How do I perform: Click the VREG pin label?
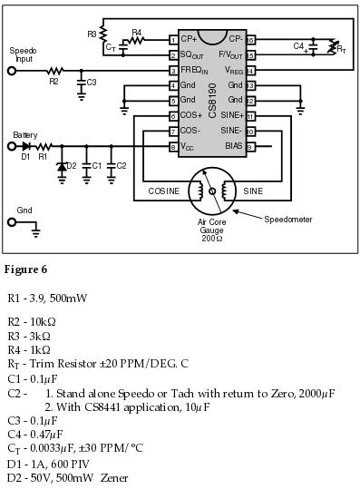coord(231,70)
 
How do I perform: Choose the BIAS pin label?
coord(234,145)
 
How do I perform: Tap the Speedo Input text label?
coord(23,54)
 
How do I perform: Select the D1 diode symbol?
coord(24,145)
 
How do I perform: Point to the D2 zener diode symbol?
coord(62,166)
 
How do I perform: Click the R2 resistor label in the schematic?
coord(53,82)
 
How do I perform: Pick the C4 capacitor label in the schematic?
coord(298,44)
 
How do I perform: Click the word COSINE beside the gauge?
coord(165,191)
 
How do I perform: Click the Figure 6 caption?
coord(25,269)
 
